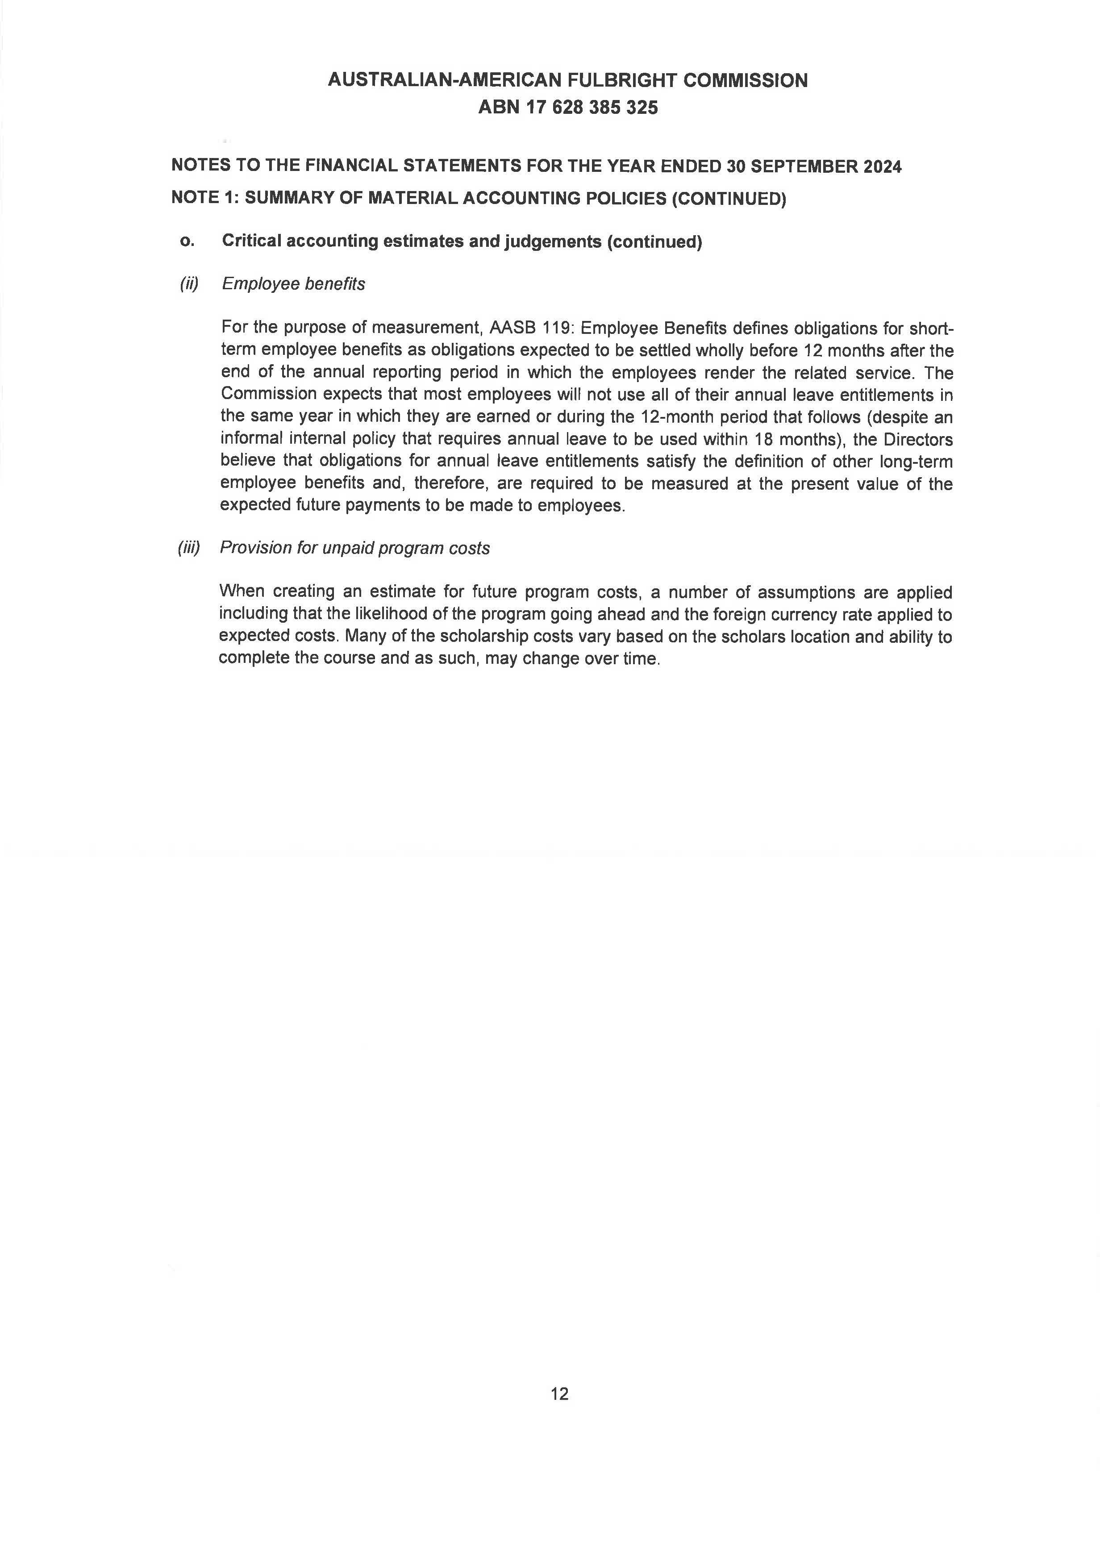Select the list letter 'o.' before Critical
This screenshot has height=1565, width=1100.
pyautogui.click(x=186, y=241)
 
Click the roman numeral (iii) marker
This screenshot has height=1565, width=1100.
pyautogui.click(x=189, y=548)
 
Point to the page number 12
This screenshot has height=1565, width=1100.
pyautogui.click(x=559, y=1394)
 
